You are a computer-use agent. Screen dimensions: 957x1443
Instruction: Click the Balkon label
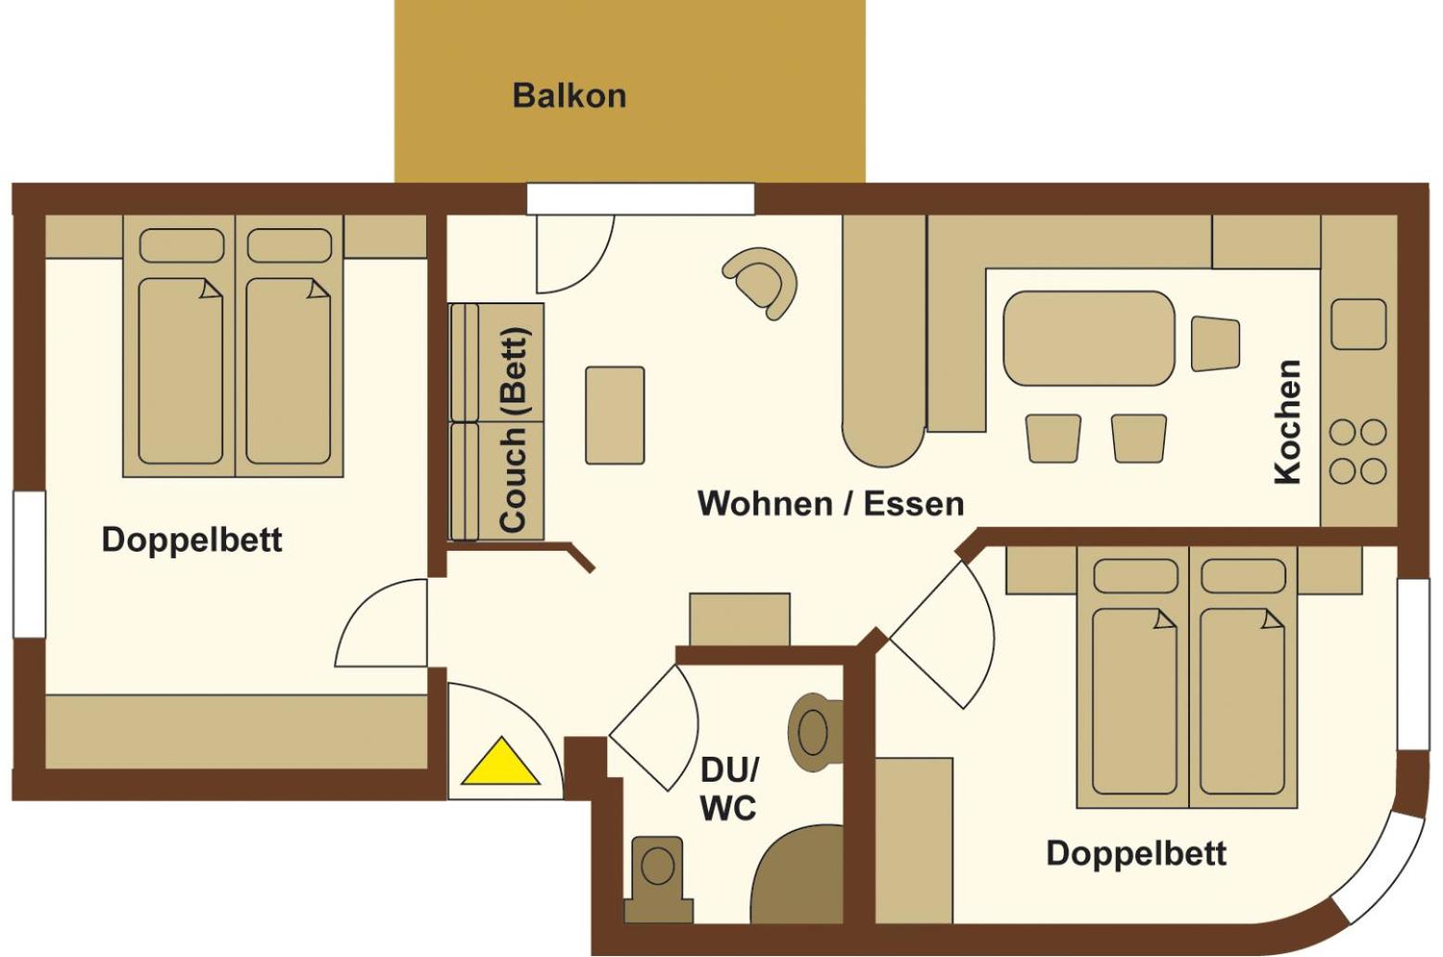pyautogui.click(x=569, y=96)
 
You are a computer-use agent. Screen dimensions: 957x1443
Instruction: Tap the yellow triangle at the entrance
pyautogui.click(x=500, y=763)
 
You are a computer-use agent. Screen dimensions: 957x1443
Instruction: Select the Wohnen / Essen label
pyautogui.click(x=830, y=504)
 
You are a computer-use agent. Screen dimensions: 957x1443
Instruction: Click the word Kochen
pyautogui.click(x=1288, y=422)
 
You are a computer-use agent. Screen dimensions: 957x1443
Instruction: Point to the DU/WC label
pyautogui.click(x=728, y=789)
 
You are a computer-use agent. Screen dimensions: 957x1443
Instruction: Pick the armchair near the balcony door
pyautogui.click(x=763, y=280)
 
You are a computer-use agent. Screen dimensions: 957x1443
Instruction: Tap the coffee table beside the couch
pyautogui.click(x=614, y=415)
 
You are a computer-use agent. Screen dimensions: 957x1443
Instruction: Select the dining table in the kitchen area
pyautogui.click(x=1089, y=338)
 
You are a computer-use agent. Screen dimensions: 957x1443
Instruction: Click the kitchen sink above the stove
pyautogui.click(x=1359, y=324)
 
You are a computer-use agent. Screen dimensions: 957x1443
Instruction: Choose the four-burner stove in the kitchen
pyautogui.click(x=1358, y=452)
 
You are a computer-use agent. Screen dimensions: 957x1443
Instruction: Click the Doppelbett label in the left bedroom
pyautogui.click(x=192, y=540)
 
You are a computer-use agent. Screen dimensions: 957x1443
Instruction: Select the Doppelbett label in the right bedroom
pyautogui.click(x=1136, y=853)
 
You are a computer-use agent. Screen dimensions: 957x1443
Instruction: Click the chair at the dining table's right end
pyautogui.click(x=1215, y=343)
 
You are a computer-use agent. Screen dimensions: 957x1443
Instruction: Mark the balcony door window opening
pyautogui.click(x=640, y=199)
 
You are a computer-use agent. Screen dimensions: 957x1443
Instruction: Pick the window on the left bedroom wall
pyautogui.click(x=29, y=564)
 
